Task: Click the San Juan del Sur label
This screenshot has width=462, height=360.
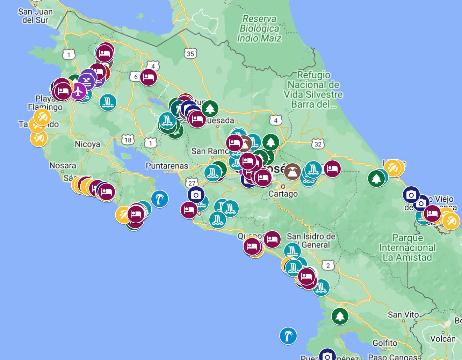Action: [x=35, y=16]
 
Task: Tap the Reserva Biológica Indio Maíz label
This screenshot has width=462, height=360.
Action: [x=259, y=28]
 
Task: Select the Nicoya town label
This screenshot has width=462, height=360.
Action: [x=87, y=144]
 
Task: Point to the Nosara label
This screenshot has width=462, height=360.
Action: [x=63, y=165]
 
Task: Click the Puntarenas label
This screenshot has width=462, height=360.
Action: [x=167, y=166]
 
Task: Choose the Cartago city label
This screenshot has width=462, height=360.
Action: [x=283, y=194]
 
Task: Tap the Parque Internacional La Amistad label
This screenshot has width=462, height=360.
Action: [x=407, y=247]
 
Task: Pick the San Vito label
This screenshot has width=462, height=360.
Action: [x=403, y=315]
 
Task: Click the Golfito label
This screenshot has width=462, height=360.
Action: [x=385, y=343]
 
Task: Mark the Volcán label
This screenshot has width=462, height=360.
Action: [x=443, y=338]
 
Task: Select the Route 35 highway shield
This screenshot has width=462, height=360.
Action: [x=190, y=53]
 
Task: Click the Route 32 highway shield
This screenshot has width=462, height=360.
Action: [x=318, y=144]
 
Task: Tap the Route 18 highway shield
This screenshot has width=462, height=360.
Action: [x=128, y=140]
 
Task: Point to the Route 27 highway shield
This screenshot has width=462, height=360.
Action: [x=192, y=183]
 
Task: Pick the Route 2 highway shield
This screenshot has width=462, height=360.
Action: [x=327, y=266]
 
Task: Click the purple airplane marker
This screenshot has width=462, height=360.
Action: [x=78, y=92]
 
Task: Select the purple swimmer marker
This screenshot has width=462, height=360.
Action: [x=87, y=81]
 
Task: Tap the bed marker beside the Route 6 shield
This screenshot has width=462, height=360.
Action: [x=148, y=77]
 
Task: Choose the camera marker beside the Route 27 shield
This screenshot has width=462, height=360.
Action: [x=196, y=195]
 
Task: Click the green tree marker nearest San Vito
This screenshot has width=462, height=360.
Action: [x=340, y=316]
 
